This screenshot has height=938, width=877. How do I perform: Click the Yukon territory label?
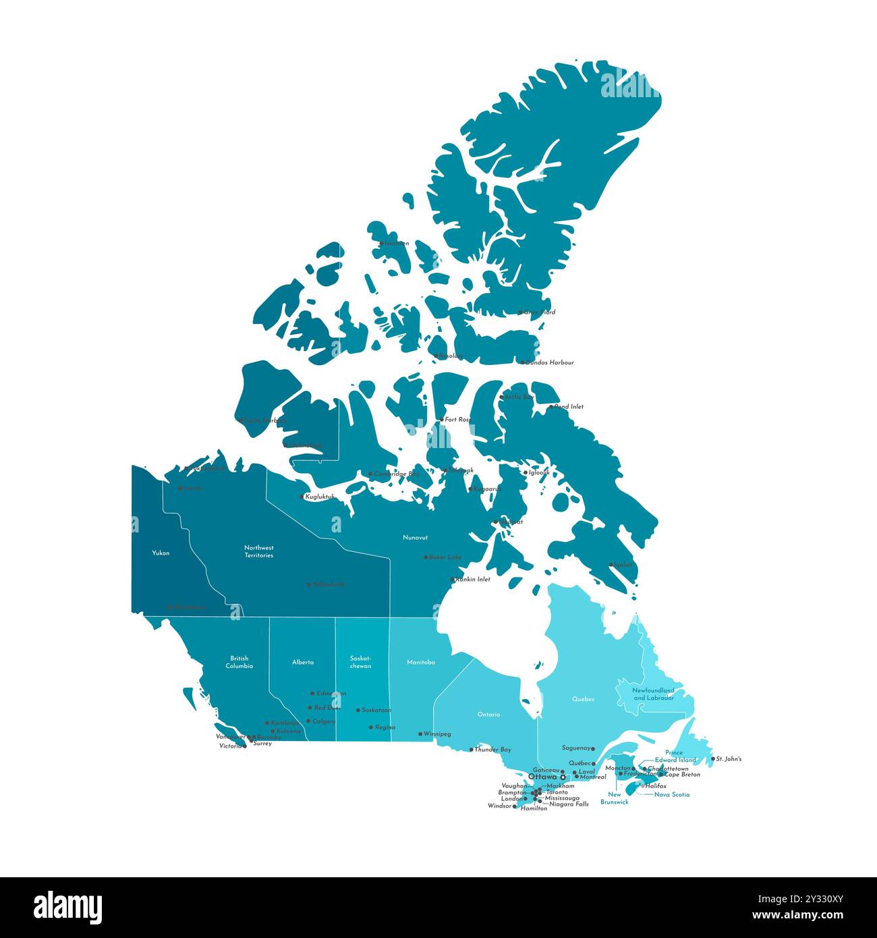point(161,553)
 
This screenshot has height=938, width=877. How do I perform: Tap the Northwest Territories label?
point(259,551)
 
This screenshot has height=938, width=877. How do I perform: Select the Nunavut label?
point(415,537)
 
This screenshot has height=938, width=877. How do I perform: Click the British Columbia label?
point(239,662)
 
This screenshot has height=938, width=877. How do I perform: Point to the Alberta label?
point(303,662)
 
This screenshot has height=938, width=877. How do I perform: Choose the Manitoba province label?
point(420,662)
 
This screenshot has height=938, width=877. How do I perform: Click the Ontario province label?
point(488,714)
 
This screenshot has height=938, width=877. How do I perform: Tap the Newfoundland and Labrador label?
point(653,694)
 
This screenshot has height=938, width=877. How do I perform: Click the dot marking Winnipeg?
point(420,734)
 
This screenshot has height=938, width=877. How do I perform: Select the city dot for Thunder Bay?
point(472,749)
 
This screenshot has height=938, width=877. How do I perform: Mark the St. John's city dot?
point(713,758)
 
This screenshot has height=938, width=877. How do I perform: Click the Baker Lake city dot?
point(426,557)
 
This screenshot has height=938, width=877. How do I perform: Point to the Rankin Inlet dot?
point(453,579)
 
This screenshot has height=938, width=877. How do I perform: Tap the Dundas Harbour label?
point(550,362)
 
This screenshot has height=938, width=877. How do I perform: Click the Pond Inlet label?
point(569,407)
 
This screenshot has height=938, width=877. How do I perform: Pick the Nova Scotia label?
point(672,794)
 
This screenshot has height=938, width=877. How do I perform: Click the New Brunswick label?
point(615,798)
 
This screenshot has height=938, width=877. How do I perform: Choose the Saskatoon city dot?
point(358,710)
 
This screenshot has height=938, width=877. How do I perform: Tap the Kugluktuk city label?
point(320,497)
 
